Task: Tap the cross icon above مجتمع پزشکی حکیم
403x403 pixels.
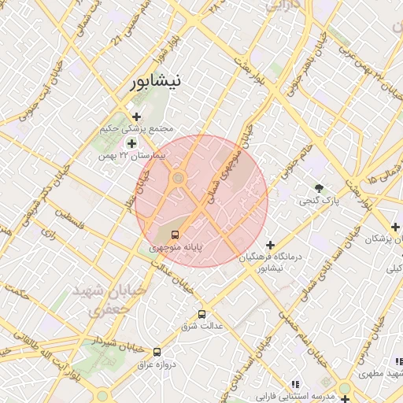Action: pyautogui.click(x=136, y=116)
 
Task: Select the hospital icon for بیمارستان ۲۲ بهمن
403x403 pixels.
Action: pyautogui.click(x=131, y=142)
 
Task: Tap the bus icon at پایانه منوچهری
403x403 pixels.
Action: pyautogui.click(x=175, y=234)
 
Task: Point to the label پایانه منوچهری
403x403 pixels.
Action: pyautogui.click(x=176, y=248)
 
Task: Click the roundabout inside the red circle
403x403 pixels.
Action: pyautogui.click(x=178, y=179)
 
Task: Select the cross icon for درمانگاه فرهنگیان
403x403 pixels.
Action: pyautogui.click(x=271, y=245)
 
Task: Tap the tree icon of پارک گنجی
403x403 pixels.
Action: pyautogui.click(x=319, y=188)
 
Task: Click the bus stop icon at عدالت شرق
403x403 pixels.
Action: pyautogui.click(x=202, y=312)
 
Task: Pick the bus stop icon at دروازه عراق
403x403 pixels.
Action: pyautogui.click(x=157, y=352)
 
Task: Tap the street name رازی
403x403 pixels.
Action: pyautogui.click(x=49, y=235)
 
